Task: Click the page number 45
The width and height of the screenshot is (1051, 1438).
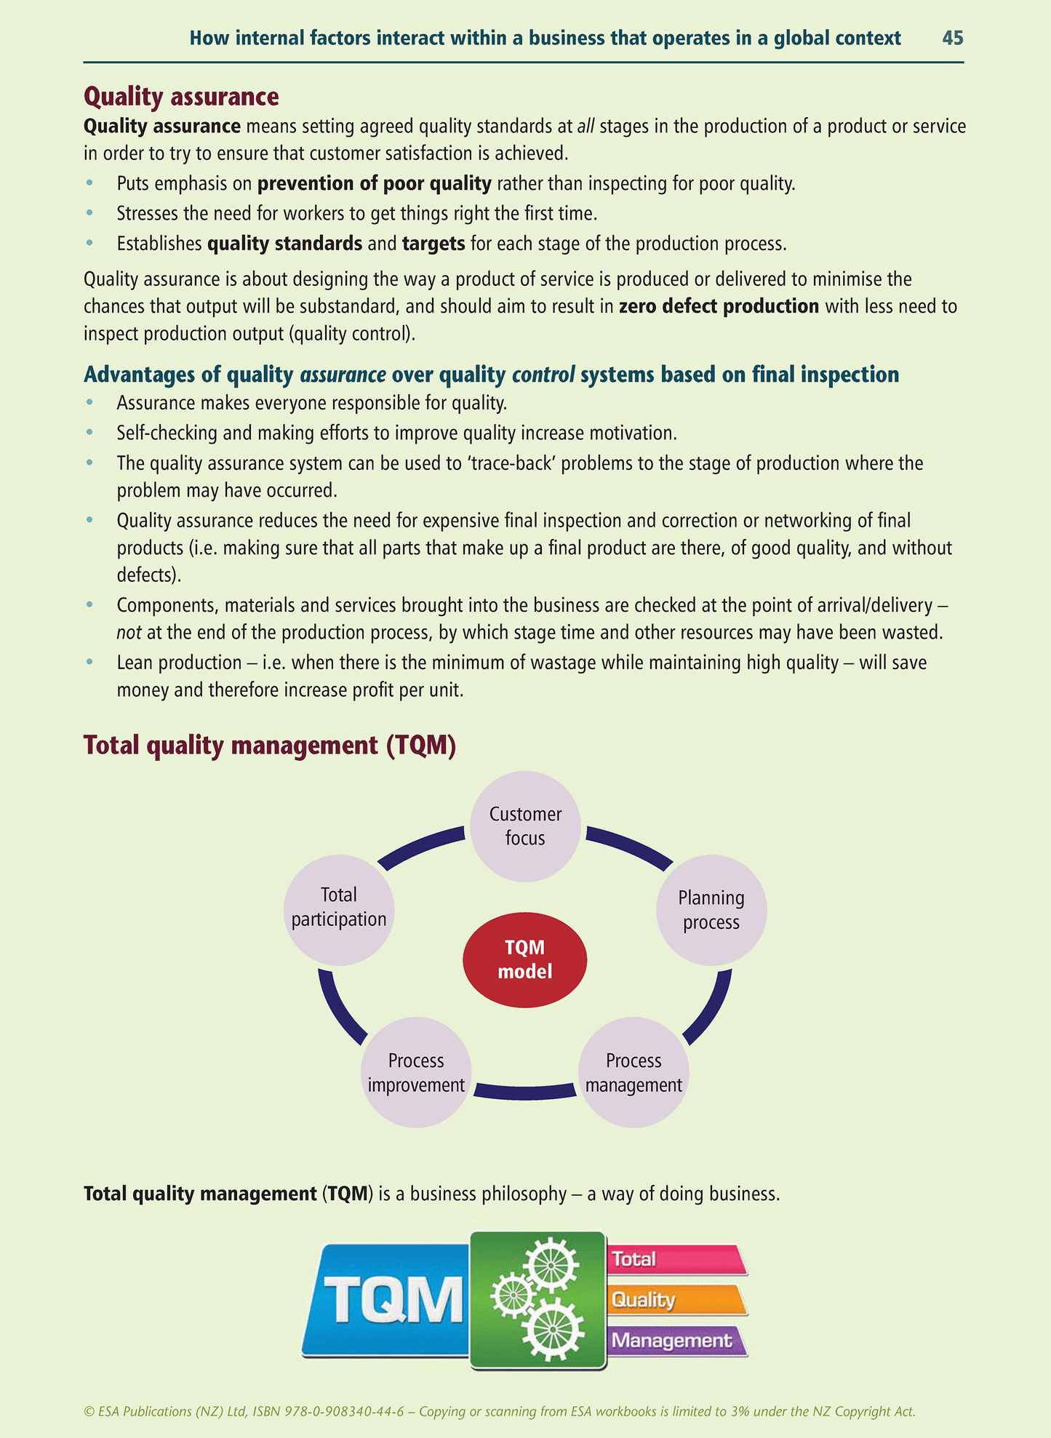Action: (x=952, y=38)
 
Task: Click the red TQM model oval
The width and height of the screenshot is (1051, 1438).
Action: (x=524, y=959)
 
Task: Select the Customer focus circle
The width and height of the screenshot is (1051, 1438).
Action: (x=525, y=826)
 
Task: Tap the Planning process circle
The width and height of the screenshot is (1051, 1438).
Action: (x=711, y=910)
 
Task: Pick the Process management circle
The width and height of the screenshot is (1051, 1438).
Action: (x=634, y=1072)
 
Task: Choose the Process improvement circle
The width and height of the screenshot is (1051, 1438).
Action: (x=416, y=1072)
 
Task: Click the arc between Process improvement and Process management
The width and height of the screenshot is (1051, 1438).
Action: (x=524, y=1090)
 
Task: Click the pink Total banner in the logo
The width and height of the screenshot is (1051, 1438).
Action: (x=676, y=1259)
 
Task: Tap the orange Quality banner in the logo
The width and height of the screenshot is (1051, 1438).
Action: (x=676, y=1299)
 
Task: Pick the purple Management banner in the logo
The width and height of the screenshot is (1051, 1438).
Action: (x=676, y=1340)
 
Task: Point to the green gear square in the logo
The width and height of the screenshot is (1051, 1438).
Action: (x=538, y=1300)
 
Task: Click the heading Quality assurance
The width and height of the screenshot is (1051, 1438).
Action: (x=181, y=97)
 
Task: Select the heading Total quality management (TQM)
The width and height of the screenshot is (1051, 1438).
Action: (x=270, y=746)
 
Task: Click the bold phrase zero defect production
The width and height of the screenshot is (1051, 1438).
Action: (x=719, y=306)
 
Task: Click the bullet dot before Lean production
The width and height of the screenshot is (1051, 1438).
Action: (x=89, y=663)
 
